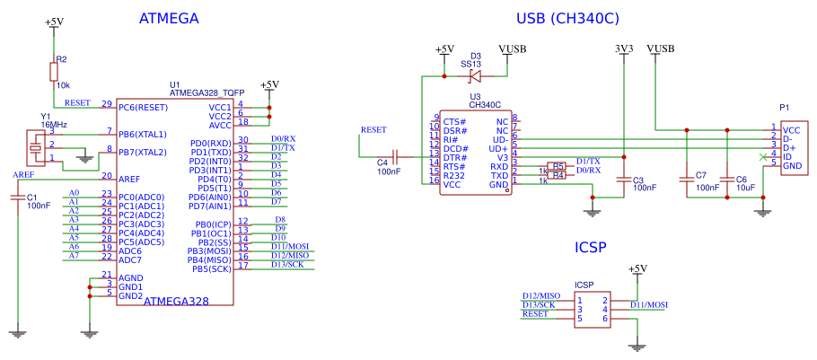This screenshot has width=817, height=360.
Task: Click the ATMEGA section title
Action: coord(169,18)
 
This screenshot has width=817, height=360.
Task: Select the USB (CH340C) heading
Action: coord(567,18)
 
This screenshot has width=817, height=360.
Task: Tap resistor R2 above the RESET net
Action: coord(55,71)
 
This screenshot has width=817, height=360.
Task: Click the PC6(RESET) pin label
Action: coord(144,107)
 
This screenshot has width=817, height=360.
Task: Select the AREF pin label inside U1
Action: coord(129,179)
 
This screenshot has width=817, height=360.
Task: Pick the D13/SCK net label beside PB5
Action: coord(289,264)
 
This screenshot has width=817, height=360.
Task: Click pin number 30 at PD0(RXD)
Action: coord(242,139)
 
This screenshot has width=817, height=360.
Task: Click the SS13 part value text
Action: coord(470,65)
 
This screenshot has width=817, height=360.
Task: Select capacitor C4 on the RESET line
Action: coord(395,156)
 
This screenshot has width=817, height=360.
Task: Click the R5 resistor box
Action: coord(558,166)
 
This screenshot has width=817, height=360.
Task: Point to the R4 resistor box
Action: coord(558,175)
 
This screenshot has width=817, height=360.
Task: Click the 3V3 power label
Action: coord(624,48)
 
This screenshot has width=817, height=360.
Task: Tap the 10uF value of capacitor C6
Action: coord(746,189)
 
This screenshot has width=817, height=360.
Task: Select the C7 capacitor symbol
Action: coord(687,180)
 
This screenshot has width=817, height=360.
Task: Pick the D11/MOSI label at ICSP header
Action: coord(648,305)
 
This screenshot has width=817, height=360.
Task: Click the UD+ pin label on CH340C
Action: coord(499,148)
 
